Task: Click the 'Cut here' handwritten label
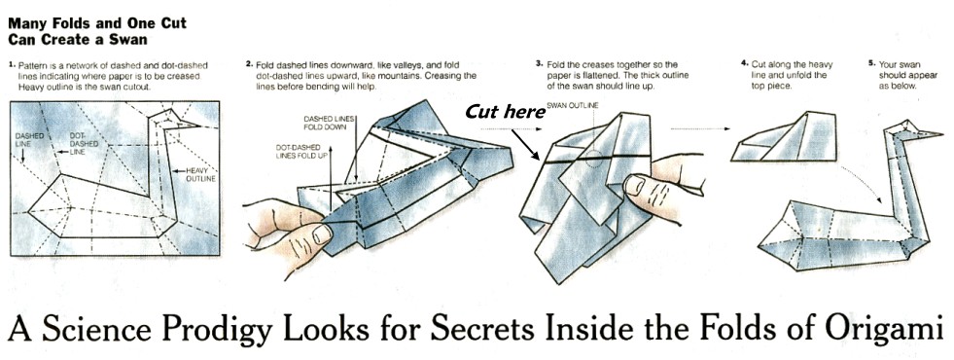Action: (x=505, y=112)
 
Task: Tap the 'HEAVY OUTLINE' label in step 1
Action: (x=201, y=174)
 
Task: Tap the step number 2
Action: (x=249, y=63)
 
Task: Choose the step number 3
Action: (x=539, y=63)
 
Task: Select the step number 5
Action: (x=872, y=63)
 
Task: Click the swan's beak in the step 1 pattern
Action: (x=189, y=125)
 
